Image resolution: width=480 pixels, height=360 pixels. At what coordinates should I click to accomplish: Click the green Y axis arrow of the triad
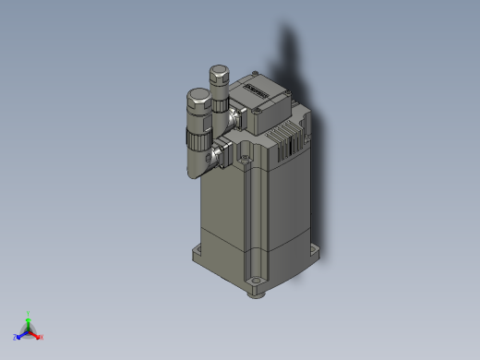pos(29,322)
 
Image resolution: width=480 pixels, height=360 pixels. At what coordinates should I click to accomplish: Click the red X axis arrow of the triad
pos(36,334)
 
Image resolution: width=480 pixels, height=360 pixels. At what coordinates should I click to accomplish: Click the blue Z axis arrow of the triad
pos(21,334)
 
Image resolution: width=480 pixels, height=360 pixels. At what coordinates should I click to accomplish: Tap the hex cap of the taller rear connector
pos(221,72)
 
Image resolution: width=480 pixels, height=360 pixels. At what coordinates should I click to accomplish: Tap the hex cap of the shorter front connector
pos(198,97)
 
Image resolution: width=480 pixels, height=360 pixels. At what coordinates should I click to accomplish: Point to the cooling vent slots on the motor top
pos(295,139)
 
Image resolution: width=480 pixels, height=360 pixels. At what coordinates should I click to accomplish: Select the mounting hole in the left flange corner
pos(198,251)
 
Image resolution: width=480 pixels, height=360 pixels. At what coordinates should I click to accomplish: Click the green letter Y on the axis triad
pos(30,314)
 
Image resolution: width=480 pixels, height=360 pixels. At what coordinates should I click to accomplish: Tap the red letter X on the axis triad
pos(42,337)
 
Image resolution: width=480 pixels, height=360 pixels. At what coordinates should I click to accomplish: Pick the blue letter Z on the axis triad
pos(15,337)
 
